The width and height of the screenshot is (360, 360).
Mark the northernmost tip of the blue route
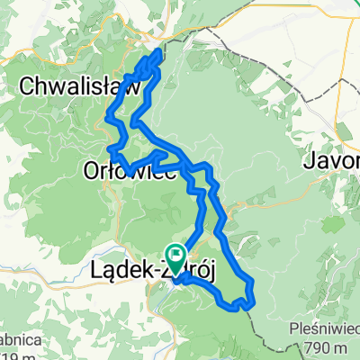point(161,52)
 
